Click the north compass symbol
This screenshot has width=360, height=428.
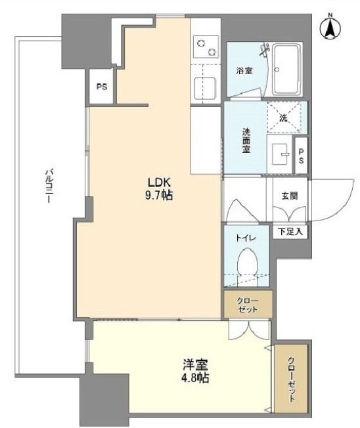[330, 28]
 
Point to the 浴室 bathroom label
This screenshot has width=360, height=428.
[244, 70]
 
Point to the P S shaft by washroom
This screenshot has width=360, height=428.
[301, 156]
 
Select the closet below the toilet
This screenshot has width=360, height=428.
[246, 305]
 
